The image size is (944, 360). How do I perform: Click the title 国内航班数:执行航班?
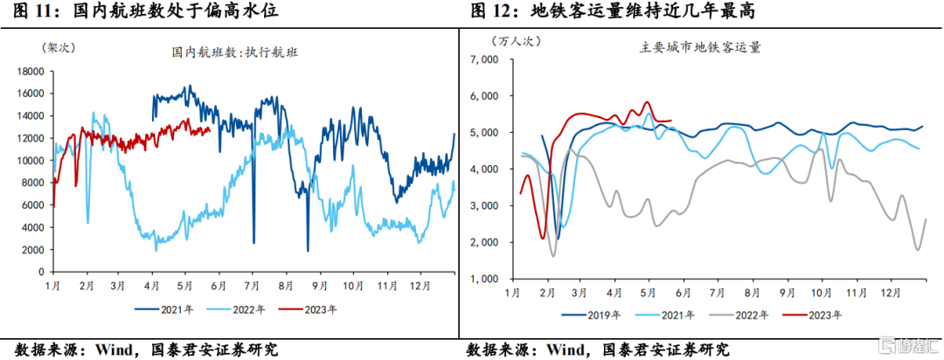click(235, 52)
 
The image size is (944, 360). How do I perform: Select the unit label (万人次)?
click(517, 40)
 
